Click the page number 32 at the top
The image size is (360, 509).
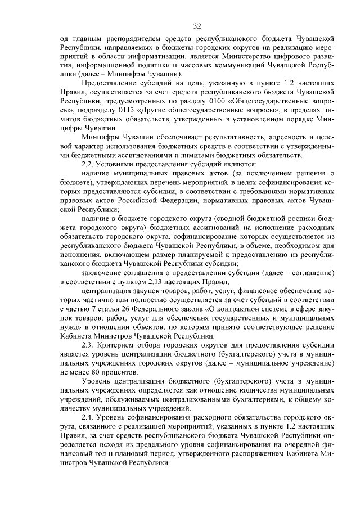coord(197,26)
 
